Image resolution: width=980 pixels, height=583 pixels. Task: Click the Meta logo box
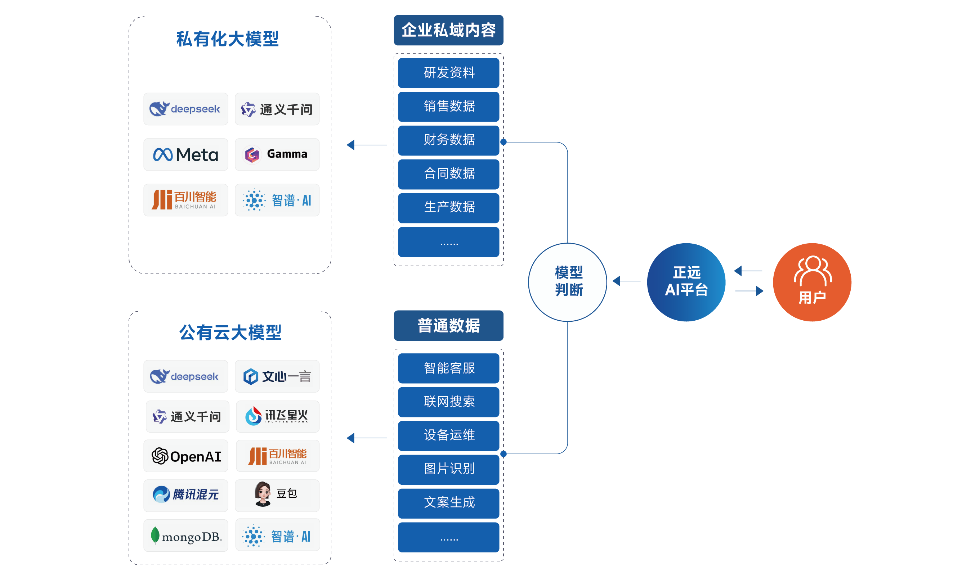tap(185, 154)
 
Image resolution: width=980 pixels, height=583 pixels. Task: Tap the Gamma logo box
tap(277, 154)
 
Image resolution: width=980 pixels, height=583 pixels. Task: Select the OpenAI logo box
tap(185, 456)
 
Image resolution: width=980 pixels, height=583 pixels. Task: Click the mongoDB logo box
tap(185, 535)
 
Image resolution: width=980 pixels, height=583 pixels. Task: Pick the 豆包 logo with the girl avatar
tap(277, 495)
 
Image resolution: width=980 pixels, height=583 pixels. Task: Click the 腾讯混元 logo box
tap(185, 495)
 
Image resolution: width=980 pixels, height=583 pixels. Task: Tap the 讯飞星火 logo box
tap(277, 416)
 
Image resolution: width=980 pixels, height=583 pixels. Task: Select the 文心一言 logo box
tap(277, 376)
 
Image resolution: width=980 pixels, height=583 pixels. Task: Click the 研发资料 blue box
tap(448, 73)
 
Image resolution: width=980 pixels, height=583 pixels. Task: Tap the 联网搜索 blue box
tap(448, 402)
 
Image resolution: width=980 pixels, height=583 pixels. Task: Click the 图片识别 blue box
tap(448, 469)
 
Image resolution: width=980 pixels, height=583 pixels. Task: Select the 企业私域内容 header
tap(448, 30)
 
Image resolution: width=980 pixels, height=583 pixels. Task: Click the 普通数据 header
tap(448, 325)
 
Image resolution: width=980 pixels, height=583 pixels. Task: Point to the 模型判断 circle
tap(567, 282)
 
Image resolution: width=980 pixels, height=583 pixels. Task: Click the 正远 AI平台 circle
tap(686, 282)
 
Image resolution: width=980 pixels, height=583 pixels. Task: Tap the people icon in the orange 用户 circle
tap(812, 271)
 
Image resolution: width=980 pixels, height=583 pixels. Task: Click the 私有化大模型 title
tap(227, 39)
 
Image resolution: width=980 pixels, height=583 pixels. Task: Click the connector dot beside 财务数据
tap(503, 142)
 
